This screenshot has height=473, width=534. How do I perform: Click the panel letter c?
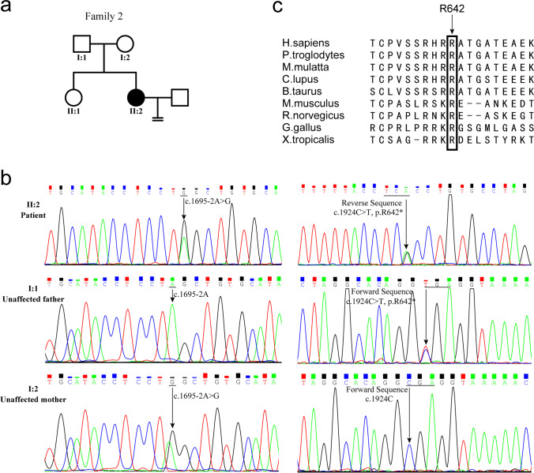point(276,8)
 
